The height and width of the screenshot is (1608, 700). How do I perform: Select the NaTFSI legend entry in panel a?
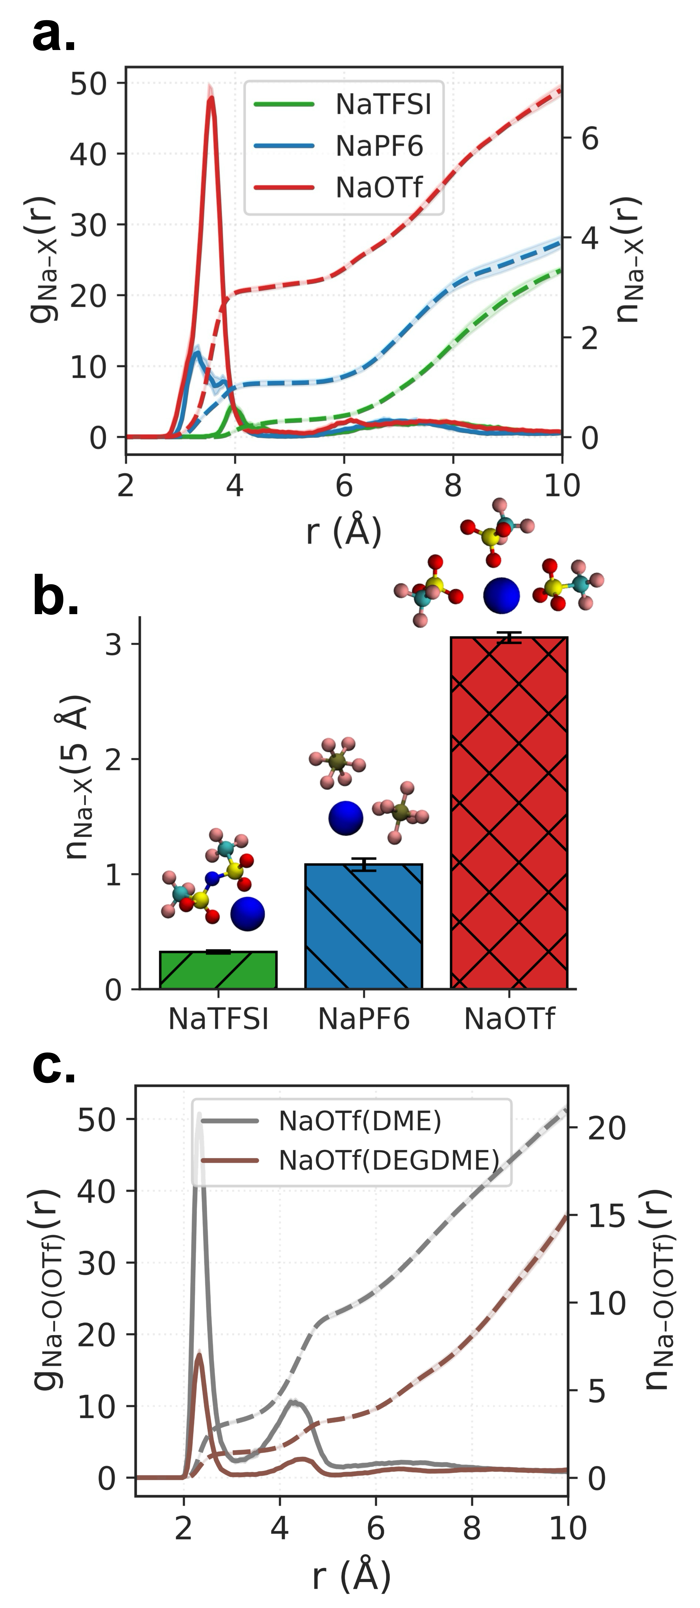pos(382,104)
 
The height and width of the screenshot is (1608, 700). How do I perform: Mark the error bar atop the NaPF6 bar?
pos(364,864)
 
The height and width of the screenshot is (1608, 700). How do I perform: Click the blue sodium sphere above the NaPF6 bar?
pos(346,818)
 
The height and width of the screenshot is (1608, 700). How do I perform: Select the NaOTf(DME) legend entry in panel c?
pos(359,1121)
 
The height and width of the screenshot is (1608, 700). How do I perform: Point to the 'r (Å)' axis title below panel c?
pos(351,1576)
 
